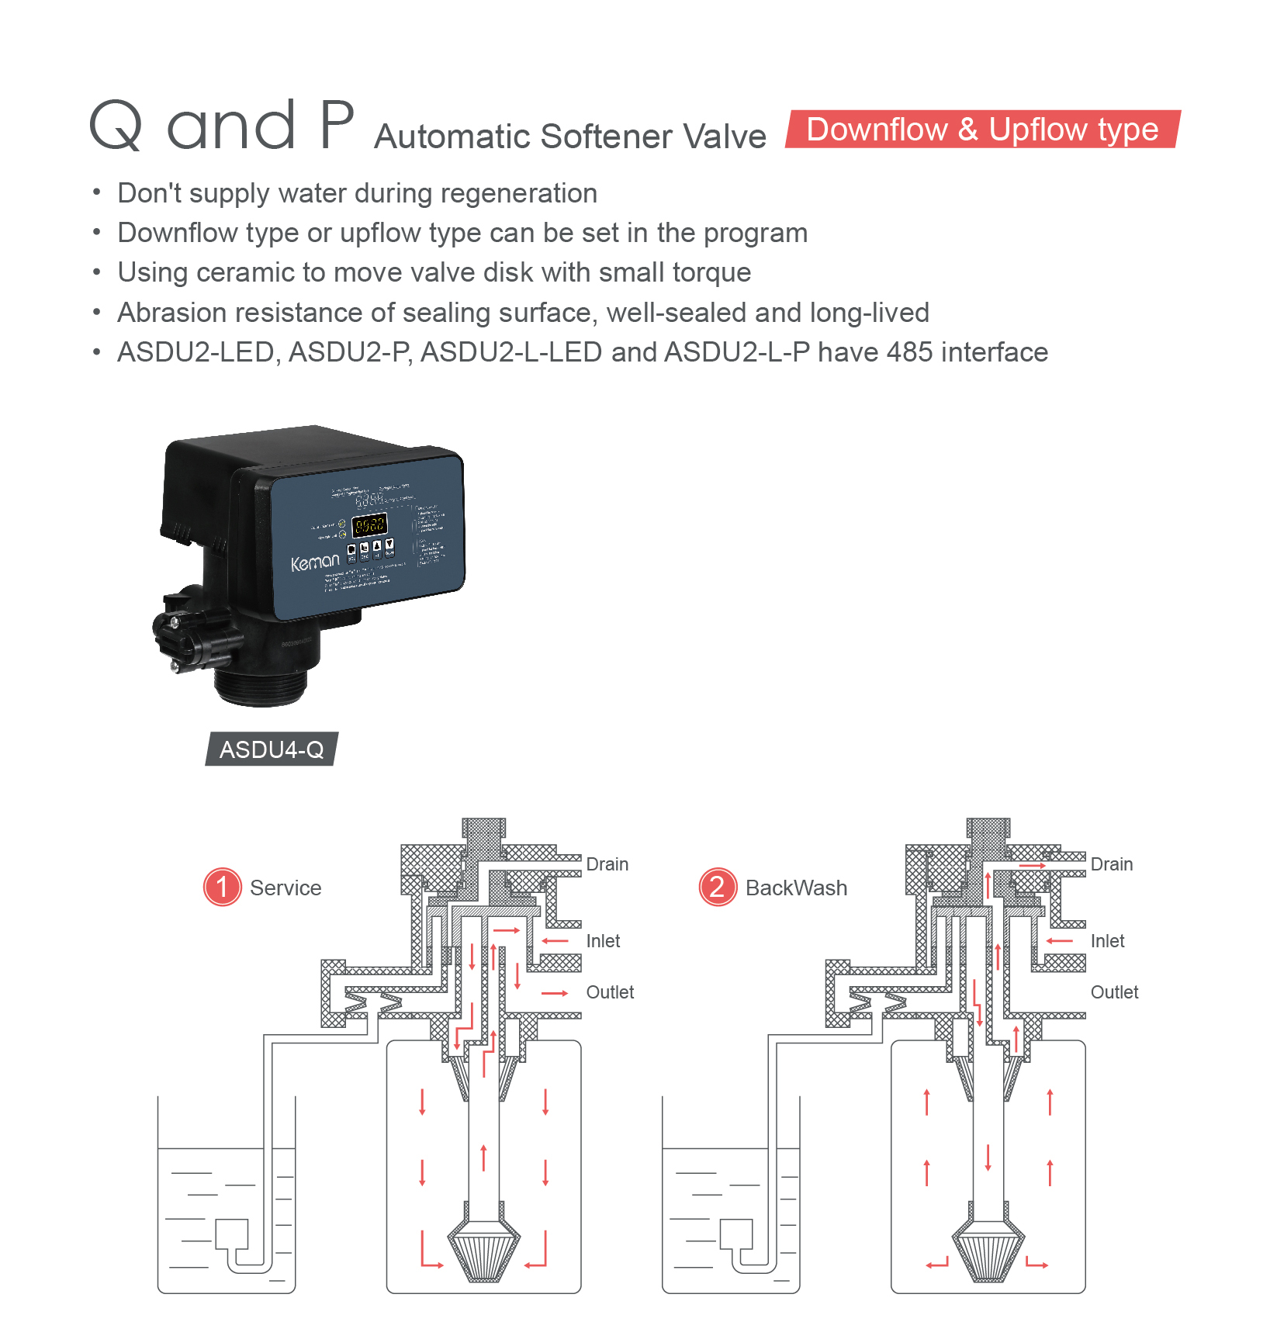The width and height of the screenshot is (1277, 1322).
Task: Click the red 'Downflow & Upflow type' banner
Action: coord(982,130)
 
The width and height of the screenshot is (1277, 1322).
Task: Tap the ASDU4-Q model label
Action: coord(272,749)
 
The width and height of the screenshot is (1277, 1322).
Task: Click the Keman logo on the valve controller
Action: coord(315,562)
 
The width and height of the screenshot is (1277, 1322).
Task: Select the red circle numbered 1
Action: coord(223,887)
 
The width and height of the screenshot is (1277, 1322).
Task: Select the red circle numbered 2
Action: coord(718,887)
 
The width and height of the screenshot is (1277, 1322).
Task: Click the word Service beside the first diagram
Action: coord(286,888)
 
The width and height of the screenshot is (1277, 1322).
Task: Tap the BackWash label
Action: coord(796,888)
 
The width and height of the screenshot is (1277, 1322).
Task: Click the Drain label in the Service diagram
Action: coord(607,864)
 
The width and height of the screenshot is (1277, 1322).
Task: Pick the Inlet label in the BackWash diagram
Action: coord(1107,941)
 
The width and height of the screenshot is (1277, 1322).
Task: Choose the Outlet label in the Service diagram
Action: coord(610,992)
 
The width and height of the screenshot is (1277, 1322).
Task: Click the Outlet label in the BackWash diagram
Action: coord(1114,992)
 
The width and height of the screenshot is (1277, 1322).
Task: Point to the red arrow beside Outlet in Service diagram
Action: coord(555,993)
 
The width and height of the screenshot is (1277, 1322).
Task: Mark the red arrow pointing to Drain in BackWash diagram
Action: coord(1033,866)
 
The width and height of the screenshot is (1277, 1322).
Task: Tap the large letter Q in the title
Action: coord(116,126)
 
